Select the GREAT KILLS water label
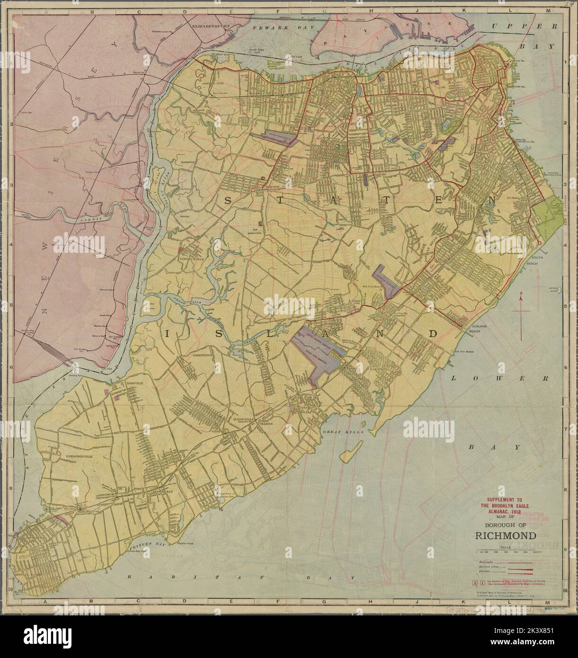(338, 432)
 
